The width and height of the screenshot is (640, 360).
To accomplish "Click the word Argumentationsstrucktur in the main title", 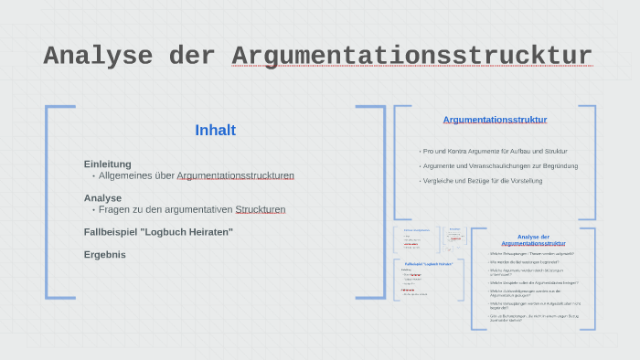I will pyautogui.click(x=411, y=56).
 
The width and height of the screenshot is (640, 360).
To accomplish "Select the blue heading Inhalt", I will pyautogui.click(x=215, y=131).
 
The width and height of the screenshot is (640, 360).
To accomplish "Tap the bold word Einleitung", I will pyautogui.click(x=108, y=164).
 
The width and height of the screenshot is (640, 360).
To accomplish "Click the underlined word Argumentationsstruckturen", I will pyautogui.click(x=235, y=175).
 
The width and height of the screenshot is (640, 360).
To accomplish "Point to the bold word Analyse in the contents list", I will pyautogui.click(x=102, y=197).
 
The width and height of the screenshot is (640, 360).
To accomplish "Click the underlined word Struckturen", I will pyautogui.click(x=260, y=209).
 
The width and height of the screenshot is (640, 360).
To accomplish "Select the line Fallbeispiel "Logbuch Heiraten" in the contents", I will pyautogui.click(x=158, y=232).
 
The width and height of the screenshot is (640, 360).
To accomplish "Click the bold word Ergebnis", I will pyautogui.click(x=104, y=255).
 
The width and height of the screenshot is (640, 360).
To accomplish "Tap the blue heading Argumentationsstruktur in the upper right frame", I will pyautogui.click(x=495, y=120).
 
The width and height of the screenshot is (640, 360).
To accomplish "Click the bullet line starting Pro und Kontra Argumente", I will pyautogui.click(x=495, y=151).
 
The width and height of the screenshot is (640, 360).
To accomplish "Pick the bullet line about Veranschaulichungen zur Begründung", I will pyautogui.click(x=499, y=165).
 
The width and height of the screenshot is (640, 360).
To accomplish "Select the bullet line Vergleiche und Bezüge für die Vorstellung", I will pyautogui.click(x=483, y=181).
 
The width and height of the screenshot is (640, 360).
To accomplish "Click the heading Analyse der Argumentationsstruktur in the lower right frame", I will pyautogui.click(x=533, y=240).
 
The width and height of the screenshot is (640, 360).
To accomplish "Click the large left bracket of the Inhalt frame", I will pyautogui.click(x=48, y=201).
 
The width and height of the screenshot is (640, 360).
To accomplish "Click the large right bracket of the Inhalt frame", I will pyautogui.click(x=382, y=201).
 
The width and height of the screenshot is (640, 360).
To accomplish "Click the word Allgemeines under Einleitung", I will pyautogui.click(x=136, y=175).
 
